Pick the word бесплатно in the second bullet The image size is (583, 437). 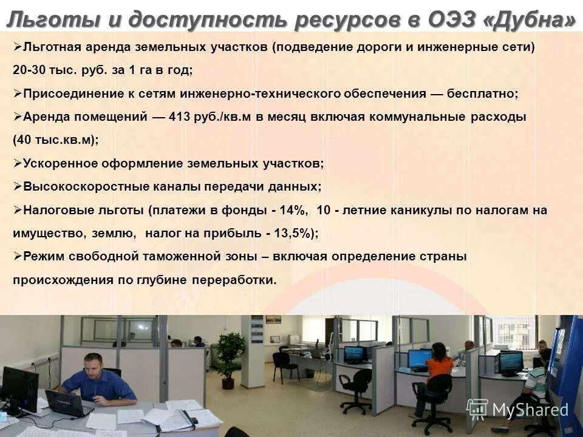482,94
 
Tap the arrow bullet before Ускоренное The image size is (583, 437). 17,163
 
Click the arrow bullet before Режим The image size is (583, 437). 17,256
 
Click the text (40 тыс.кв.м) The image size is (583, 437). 55,140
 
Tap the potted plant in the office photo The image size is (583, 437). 230,358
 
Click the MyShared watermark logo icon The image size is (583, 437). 477,408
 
